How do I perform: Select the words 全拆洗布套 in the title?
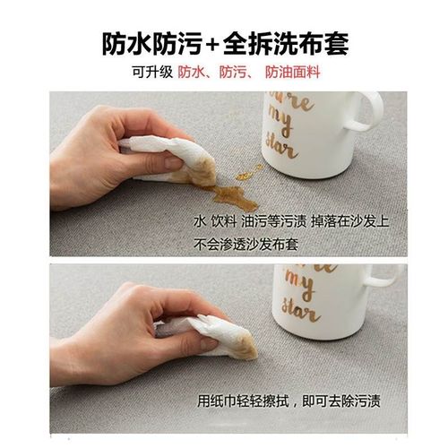(283, 43)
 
